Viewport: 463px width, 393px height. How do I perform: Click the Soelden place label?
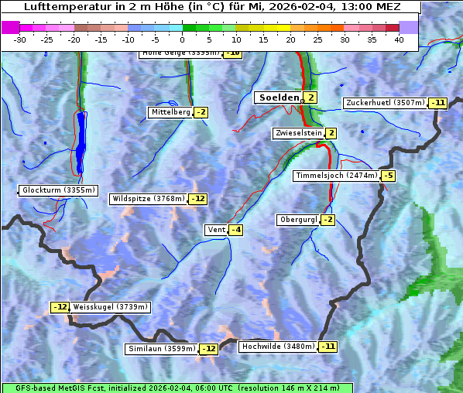277,97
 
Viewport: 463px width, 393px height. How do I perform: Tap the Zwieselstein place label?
298,134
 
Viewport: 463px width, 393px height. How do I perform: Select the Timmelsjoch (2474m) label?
337,176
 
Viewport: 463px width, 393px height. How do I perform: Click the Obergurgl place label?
298,220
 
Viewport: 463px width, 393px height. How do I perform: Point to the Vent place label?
215,230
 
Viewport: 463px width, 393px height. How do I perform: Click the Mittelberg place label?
170,112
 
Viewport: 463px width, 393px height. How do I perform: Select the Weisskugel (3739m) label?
110,307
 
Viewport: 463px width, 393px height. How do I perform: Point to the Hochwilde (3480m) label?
278,347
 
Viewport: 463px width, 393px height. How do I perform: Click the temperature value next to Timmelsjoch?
388,176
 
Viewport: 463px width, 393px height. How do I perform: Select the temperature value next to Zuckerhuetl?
439,103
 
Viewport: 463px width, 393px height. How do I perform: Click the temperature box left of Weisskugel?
60,307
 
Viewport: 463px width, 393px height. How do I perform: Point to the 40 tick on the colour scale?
399,39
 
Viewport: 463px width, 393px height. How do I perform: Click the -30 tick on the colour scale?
20,39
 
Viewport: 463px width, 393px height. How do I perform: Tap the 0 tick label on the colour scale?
183,39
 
